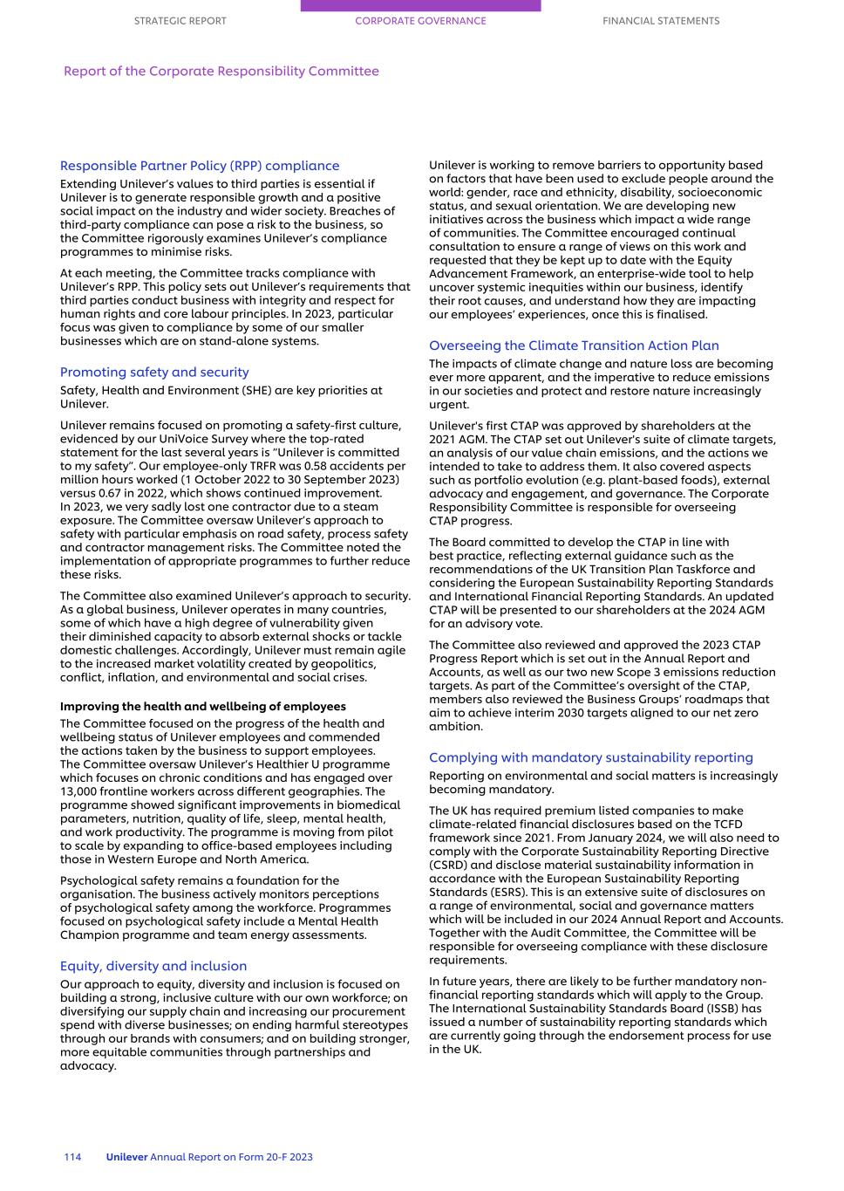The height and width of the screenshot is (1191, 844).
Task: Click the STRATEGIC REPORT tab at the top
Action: click(x=180, y=21)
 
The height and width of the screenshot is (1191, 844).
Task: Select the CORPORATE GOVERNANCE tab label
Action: click(x=420, y=21)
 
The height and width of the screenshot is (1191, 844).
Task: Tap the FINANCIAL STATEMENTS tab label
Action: click(x=661, y=21)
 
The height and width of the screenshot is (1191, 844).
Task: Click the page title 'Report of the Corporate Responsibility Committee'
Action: click(x=221, y=72)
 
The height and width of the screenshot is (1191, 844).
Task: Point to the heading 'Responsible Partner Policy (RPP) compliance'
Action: click(x=200, y=166)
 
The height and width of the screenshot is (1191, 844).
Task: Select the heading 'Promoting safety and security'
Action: click(x=154, y=373)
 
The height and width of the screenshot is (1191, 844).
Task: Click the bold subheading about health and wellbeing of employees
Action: click(x=202, y=707)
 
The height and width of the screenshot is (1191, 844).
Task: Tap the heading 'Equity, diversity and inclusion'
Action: click(x=153, y=967)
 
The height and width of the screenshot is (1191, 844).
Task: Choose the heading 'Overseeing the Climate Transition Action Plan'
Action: click(x=574, y=346)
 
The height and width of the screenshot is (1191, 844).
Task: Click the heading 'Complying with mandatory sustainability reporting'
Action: click(x=590, y=758)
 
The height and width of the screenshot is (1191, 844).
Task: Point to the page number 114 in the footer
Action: click(x=72, y=1157)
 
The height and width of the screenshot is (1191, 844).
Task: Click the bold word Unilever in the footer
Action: click(x=126, y=1157)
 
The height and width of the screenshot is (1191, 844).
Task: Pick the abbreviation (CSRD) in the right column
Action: click(x=451, y=866)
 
